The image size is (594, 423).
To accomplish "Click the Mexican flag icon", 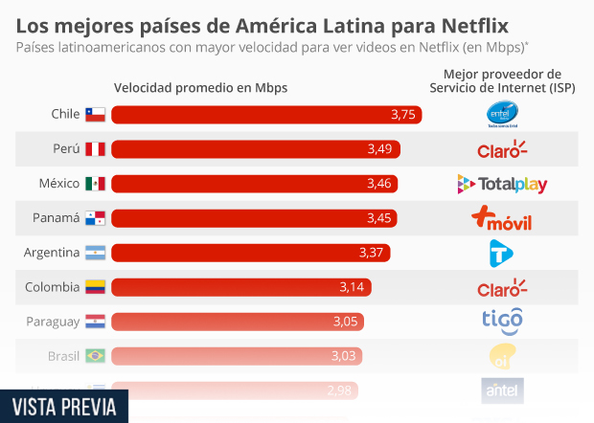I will tap(95, 184).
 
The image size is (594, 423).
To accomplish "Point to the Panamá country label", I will tap(56, 218).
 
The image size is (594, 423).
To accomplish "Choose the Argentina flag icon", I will tap(95, 253).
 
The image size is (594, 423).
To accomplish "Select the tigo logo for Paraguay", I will tap(502, 321).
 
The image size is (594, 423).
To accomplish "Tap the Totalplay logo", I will tap(502, 184).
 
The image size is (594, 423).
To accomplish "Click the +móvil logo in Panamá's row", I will tap(502, 219).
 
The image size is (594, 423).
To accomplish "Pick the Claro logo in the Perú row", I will tap(502, 149).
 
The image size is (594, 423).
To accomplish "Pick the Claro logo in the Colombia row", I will tap(502, 287).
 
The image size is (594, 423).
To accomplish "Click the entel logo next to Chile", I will tap(502, 115).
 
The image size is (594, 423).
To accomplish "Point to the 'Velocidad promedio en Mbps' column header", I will tap(201, 87).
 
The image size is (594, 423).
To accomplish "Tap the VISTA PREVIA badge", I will tap(64, 406).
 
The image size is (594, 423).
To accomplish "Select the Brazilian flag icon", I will tap(95, 356).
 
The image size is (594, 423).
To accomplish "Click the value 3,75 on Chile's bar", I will tap(403, 115).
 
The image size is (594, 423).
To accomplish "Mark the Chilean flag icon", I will tap(95, 115).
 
